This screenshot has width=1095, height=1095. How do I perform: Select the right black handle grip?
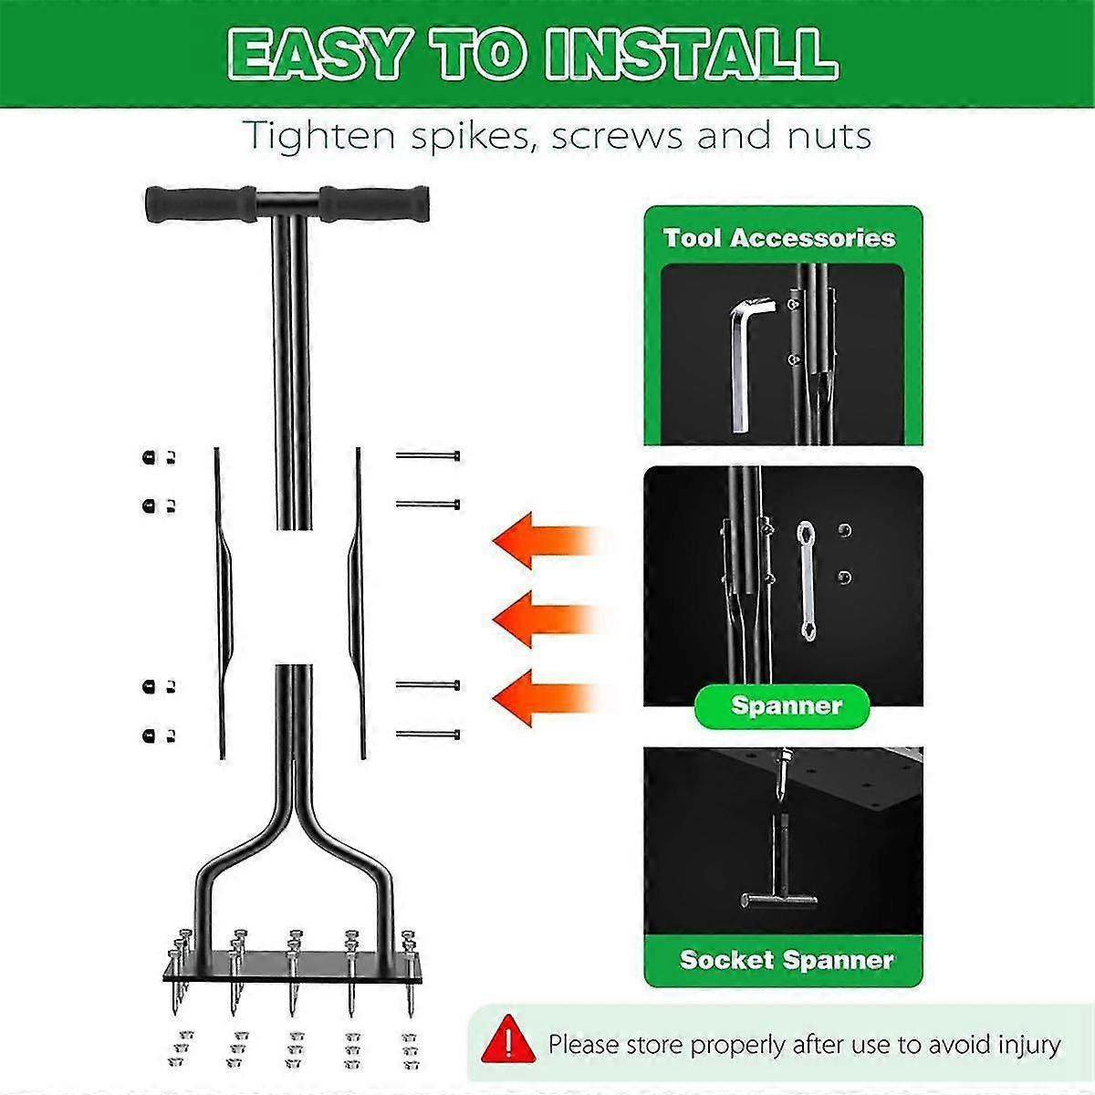374,203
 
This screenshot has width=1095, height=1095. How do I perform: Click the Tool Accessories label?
779,238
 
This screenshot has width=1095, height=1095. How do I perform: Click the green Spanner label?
786,705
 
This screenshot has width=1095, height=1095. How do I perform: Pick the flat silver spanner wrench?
806,579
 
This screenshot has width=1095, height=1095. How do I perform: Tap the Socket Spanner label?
787,960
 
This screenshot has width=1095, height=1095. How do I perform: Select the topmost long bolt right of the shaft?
427,455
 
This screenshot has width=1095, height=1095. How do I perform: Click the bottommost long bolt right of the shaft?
427,735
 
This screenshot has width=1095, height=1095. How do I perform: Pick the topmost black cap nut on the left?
149,457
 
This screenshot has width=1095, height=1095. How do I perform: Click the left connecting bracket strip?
222,602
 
